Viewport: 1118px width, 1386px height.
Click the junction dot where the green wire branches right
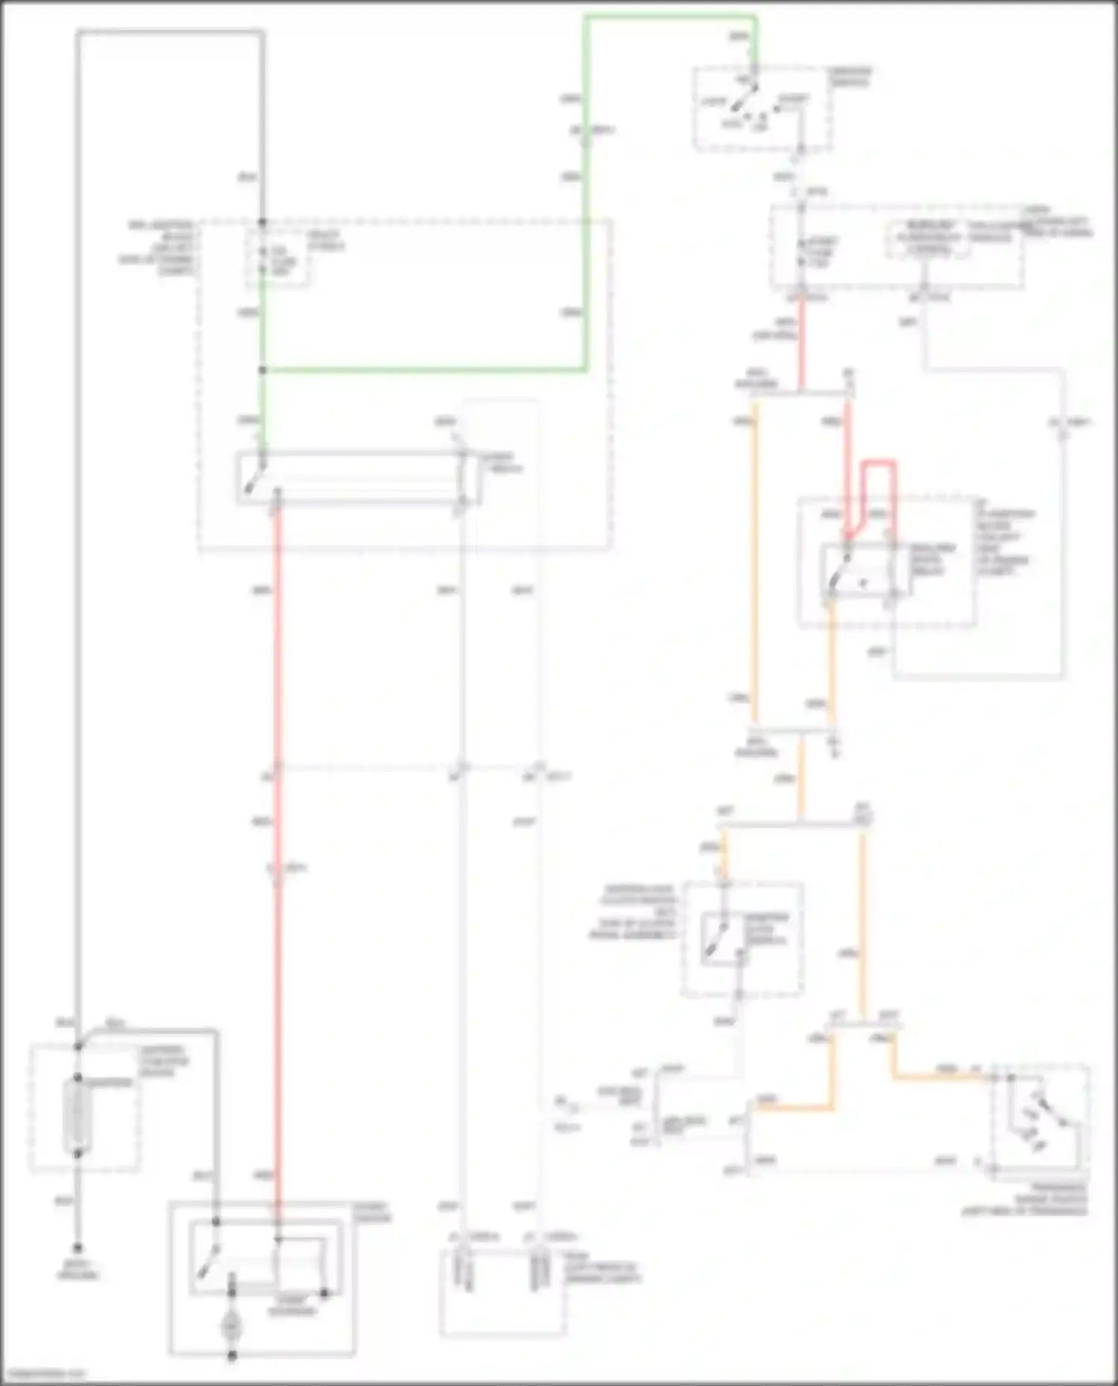pos(262,370)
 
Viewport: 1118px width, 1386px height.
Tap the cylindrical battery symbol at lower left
pos(78,1116)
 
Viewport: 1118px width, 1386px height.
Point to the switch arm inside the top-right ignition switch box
pos(743,98)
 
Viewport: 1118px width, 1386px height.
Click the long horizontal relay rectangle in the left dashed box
pos(358,477)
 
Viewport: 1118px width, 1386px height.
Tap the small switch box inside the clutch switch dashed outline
pos(723,939)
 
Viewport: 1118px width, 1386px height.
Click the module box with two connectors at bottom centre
pos(502,1292)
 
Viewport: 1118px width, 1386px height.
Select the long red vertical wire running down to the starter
pos(277,819)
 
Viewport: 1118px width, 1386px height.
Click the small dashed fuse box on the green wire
pos(278,258)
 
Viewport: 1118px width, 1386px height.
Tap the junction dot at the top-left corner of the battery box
pos(78,1047)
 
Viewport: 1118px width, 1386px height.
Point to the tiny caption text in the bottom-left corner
pos(43,1373)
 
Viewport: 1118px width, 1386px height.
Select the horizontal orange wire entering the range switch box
pos(943,1076)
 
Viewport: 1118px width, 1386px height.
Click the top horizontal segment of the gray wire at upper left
pos(170,31)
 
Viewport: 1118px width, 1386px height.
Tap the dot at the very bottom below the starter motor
pos(232,1357)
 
